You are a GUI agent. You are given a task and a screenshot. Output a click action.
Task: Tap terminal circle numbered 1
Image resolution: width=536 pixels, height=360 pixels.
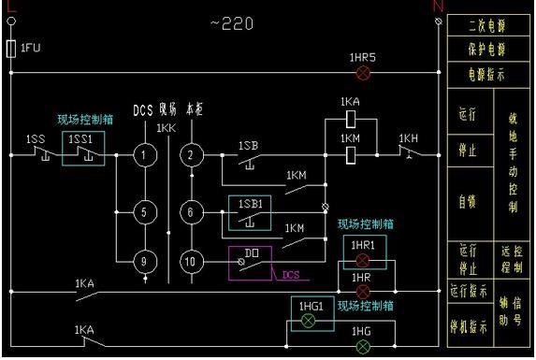(143, 155)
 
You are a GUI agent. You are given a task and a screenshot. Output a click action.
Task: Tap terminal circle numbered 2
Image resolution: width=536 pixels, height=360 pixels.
(191, 155)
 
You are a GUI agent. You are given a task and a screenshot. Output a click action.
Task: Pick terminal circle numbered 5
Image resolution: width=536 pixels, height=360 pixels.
(143, 212)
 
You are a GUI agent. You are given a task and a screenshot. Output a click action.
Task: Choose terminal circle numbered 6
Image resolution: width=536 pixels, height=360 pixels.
(191, 212)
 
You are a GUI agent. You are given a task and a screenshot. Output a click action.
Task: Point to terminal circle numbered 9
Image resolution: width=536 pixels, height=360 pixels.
(143, 262)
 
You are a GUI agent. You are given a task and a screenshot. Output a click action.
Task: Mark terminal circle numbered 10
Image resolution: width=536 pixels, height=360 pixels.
(191, 262)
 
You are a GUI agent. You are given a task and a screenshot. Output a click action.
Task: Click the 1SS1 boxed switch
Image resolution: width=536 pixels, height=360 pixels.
(83, 149)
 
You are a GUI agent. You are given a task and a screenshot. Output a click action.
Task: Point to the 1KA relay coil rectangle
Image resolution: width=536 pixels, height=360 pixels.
(350, 119)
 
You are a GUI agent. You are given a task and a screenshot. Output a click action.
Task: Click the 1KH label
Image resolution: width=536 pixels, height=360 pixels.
(409, 138)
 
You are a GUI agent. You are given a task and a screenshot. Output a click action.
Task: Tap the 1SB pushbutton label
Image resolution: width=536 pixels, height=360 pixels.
(248, 146)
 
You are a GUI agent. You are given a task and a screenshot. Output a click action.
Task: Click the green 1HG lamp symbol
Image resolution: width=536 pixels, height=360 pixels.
(363, 347)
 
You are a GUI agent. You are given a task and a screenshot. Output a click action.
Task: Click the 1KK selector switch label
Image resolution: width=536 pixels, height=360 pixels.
(167, 127)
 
